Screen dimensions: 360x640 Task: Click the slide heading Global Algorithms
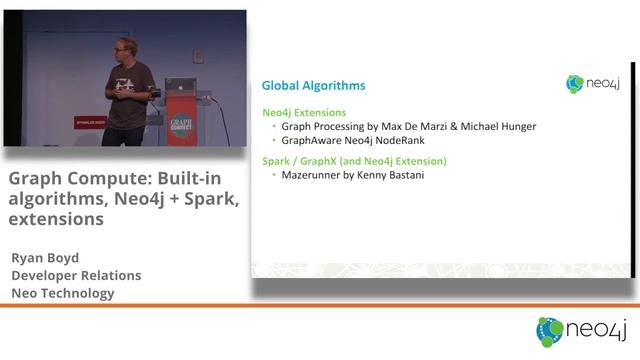pos(313,86)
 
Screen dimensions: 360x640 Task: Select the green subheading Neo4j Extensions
pos(304,113)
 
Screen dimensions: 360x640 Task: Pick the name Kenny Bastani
pos(398,175)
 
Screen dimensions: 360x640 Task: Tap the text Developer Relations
pos(76,275)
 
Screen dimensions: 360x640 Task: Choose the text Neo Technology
pos(63,293)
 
